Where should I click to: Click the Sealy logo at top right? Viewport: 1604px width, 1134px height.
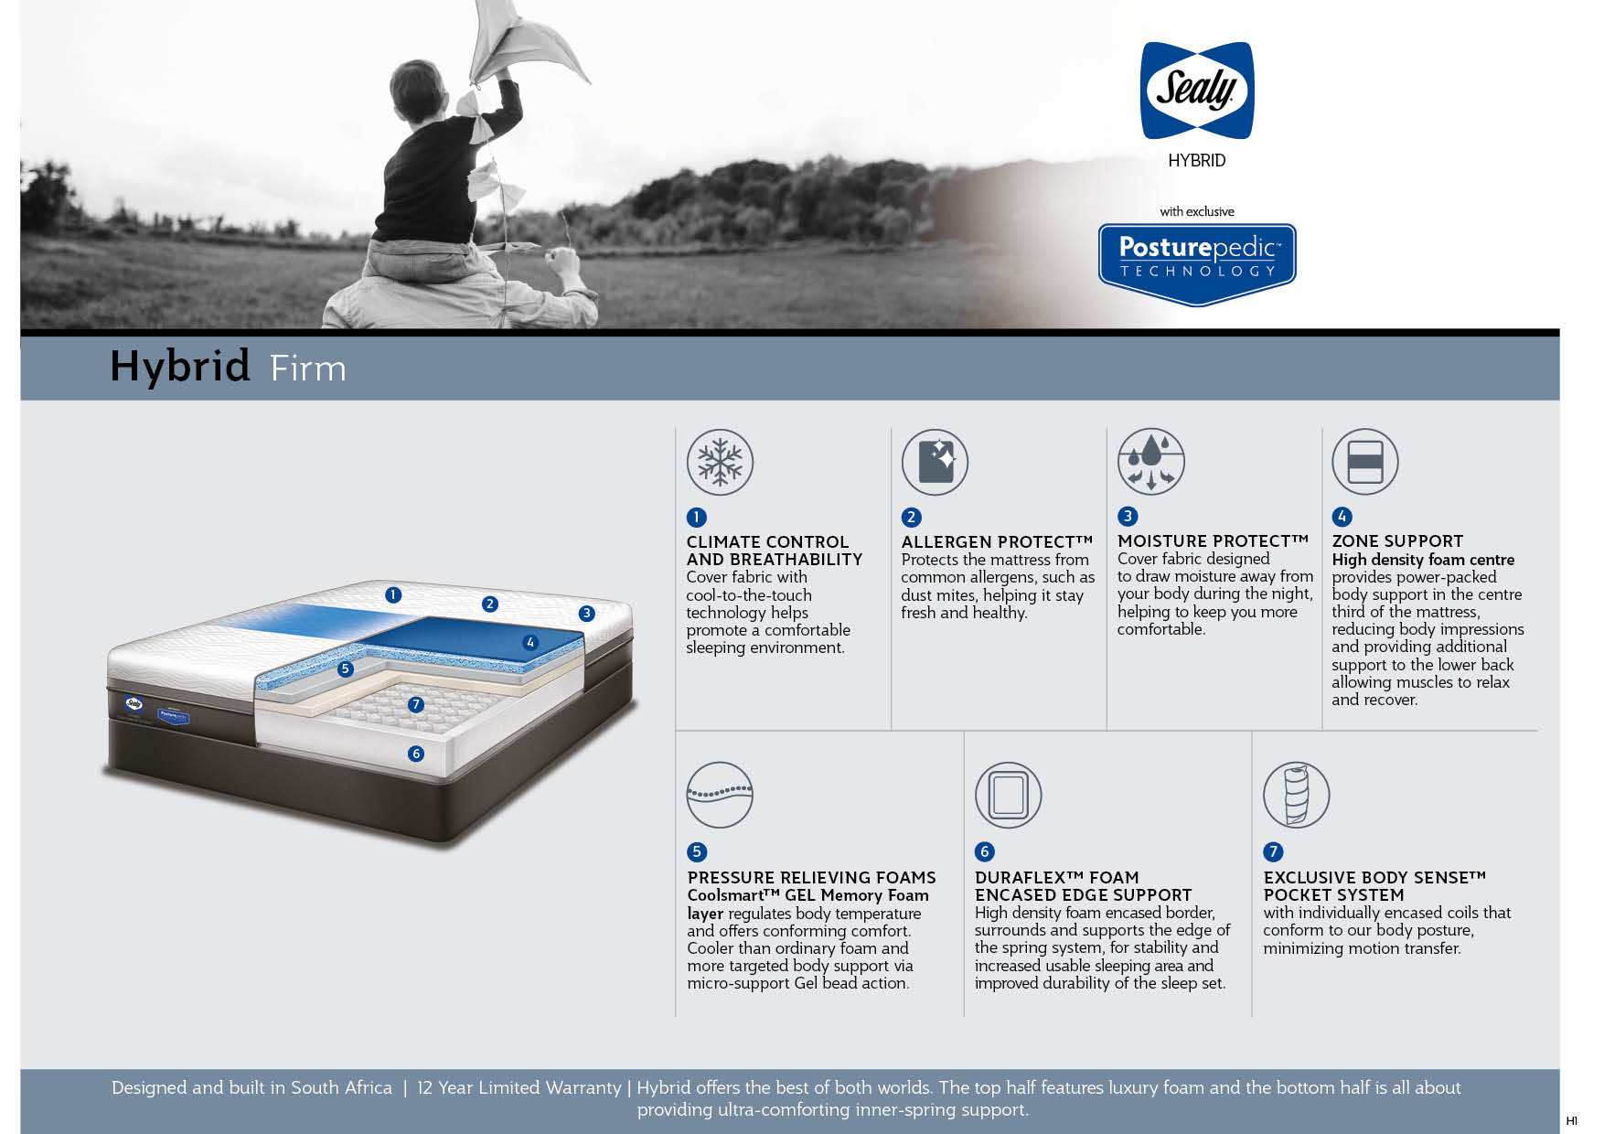pyautogui.click(x=1196, y=91)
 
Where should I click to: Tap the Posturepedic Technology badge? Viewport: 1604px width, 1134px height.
pyautogui.click(x=1197, y=263)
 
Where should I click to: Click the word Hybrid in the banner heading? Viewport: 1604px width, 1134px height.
pyautogui.click(x=180, y=368)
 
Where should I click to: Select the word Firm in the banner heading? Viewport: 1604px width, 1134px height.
pyautogui.click(x=308, y=369)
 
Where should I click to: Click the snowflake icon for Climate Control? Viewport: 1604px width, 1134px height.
pyautogui.click(x=720, y=462)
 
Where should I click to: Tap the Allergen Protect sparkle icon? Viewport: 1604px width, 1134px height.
pyautogui.click(x=935, y=462)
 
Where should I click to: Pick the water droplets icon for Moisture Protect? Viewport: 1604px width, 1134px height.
pyautogui.click(x=1150, y=461)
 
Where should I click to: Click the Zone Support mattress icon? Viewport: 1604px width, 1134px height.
pyautogui.click(x=1364, y=461)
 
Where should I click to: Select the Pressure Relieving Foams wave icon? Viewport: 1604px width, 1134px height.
pyautogui.click(x=720, y=795)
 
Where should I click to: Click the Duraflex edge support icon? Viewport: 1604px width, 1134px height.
pyautogui.click(x=1008, y=795)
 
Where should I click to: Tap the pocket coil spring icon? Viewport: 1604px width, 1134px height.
pyautogui.click(x=1296, y=795)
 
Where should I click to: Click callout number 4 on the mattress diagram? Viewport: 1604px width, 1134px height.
pyautogui.click(x=530, y=643)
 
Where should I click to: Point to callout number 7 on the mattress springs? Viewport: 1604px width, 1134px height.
pyautogui.click(x=416, y=704)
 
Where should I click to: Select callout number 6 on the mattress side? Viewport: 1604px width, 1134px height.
pyautogui.click(x=416, y=754)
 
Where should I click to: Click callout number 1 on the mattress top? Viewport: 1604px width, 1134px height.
pyautogui.click(x=393, y=595)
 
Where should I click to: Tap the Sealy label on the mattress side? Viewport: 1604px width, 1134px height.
pyautogui.click(x=134, y=703)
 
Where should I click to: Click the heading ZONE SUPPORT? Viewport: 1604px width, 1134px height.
pyautogui.click(x=1397, y=541)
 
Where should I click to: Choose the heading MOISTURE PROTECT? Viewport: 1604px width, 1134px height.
pyautogui.click(x=1213, y=541)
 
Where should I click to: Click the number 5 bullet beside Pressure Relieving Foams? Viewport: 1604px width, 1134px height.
pyautogui.click(x=697, y=852)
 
